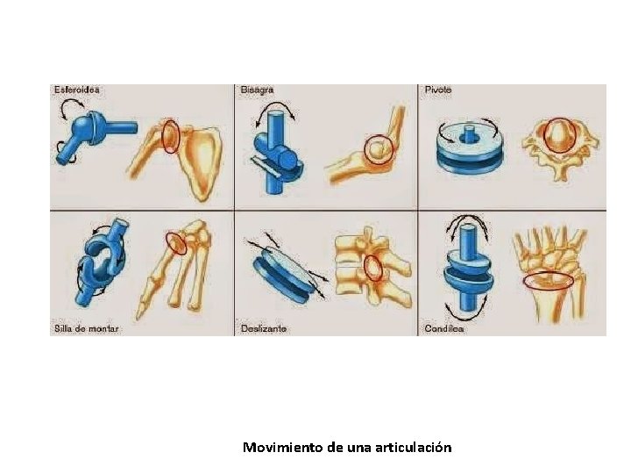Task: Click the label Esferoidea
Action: pos(76,90)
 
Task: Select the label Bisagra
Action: pos(258,90)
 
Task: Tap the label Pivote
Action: pos(438,90)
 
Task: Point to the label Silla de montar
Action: pos(87,328)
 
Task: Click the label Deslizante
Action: pos(264,328)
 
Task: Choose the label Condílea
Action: pos(444,328)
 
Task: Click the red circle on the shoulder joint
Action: pos(171,137)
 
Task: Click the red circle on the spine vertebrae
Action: pos(374,266)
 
